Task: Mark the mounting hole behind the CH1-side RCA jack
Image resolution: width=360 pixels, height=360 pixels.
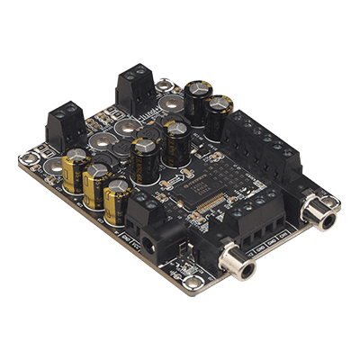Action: pos(306,175)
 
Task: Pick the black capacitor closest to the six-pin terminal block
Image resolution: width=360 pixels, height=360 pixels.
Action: pos(219,115)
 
